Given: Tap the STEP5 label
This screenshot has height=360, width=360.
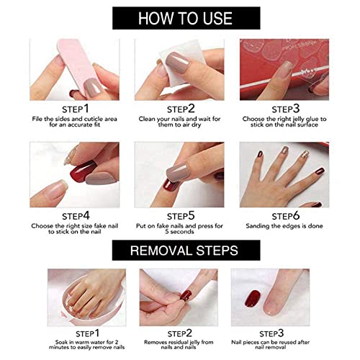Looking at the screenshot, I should coord(180,215).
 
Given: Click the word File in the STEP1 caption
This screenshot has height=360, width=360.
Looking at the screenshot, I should coord(42,117).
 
